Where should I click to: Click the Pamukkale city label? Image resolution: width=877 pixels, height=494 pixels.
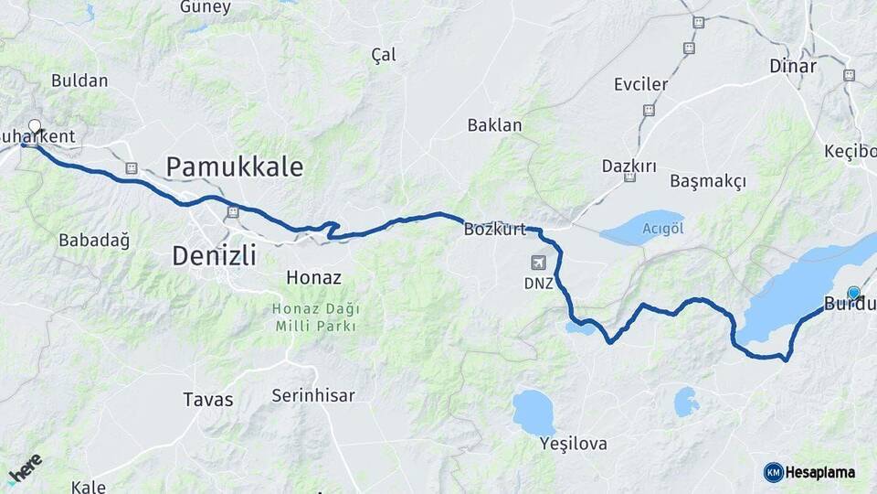click(x=234, y=166)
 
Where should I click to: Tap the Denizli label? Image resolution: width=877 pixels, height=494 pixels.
click(x=214, y=254)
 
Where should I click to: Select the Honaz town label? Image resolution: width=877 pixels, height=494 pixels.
click(x=313, y=277)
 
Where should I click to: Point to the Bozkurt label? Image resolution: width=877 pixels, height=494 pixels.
click(x=495, y=230)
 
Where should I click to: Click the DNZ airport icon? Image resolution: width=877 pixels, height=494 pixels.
click(x=539, y=263)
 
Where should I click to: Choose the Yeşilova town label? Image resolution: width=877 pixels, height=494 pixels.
click(x=574, y=444)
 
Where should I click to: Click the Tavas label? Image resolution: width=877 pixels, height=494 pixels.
click(x=208, y=400)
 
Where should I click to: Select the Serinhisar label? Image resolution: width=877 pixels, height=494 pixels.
click(x=313, y=396)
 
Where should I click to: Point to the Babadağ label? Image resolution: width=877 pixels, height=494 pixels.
click(x=94, y=241)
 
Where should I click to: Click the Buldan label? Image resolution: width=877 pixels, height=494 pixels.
click(x=79, y=81)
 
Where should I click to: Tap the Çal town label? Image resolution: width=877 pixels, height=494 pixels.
click(x=384, y=55)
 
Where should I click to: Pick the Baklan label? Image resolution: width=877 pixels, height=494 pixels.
click(x=494, y=125)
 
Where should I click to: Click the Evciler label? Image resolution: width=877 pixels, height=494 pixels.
click(x=640, y=84)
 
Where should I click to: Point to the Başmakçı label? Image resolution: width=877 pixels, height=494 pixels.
click(x=708, y=181)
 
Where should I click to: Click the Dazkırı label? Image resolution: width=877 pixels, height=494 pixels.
click(x=629, y=166)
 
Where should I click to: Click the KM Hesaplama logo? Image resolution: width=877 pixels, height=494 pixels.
click(x=809, y=472)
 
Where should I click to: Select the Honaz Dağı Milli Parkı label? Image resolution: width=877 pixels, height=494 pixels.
click(x=313, y=317)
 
